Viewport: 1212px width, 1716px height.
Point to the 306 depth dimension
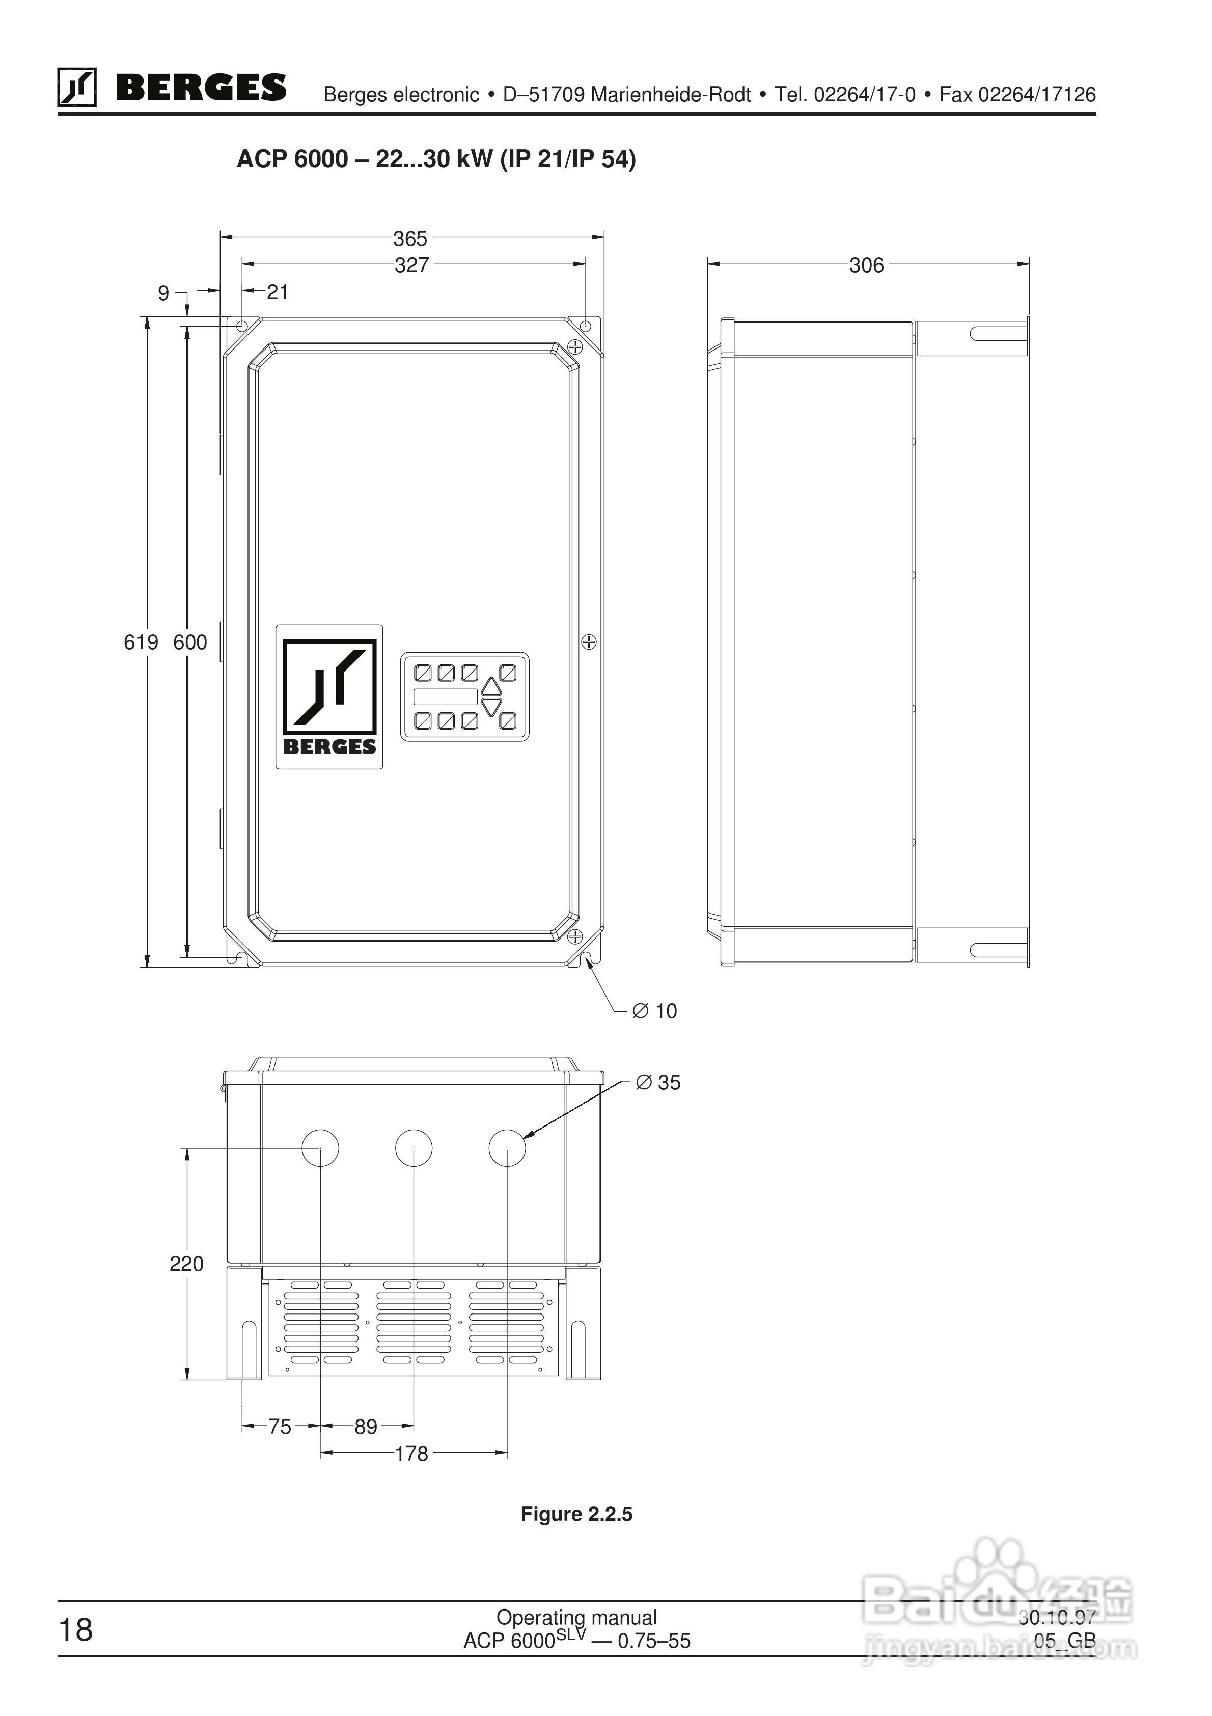pyautogui.click(x=866, y=265)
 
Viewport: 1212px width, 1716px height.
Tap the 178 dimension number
pyautogui.click(x=411, y=1454)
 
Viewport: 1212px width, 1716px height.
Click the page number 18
pyautogui.click(x=75, y=1629)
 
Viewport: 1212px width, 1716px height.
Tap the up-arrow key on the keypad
pyautogui.click(x=491, y=686)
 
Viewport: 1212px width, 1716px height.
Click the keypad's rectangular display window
pyautogui.click(x=446, y=696)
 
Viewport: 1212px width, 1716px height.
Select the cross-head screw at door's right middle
pyautogui.click(x=590, y=641)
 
